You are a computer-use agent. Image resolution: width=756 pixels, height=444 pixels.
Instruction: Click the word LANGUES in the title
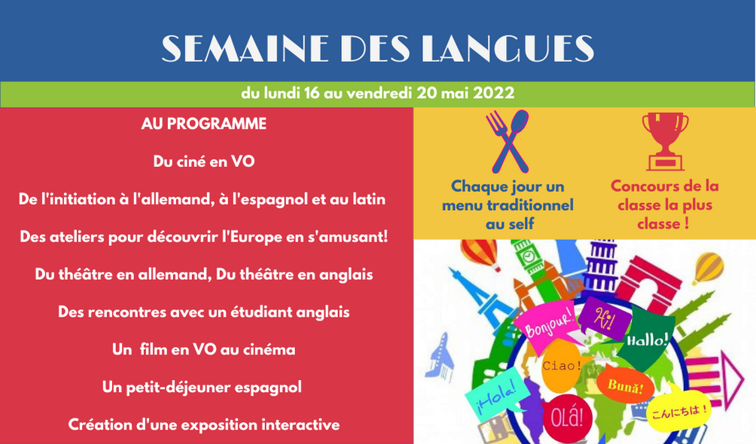[508, 48]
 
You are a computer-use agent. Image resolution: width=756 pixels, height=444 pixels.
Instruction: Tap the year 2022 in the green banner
[494, 93]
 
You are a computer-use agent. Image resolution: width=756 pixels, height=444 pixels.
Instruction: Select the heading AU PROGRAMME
[203, 124]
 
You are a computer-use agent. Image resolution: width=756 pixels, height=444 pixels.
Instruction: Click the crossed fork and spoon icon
[508, 141]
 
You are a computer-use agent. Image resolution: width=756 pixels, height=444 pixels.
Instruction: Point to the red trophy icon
[666, 141]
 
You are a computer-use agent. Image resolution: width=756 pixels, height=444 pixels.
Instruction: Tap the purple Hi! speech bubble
[604, 318]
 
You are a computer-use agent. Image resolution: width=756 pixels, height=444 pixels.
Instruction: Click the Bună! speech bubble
[624, 385]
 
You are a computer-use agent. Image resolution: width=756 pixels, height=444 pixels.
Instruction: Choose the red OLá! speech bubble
[568, 418]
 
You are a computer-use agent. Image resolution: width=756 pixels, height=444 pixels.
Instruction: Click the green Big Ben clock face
[529, 256]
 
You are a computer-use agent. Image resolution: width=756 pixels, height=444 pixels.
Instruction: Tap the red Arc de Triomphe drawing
[646, 284]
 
